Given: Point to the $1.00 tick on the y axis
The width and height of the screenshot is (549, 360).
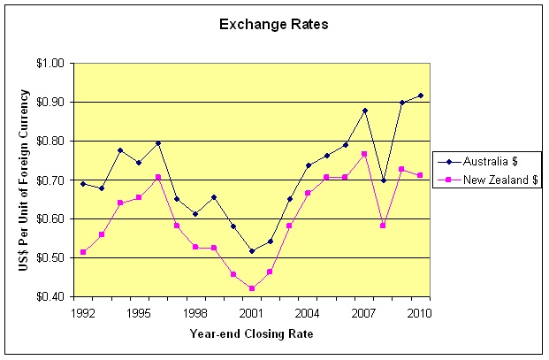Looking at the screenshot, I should (52, 64).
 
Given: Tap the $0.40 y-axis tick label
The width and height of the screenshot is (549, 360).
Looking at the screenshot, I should (52, 297).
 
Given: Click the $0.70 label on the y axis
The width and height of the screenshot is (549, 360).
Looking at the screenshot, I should (52, 180).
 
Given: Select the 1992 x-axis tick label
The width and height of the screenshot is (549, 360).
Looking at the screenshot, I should (82, 313).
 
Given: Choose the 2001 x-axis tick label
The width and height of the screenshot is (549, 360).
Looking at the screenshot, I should (252, 313).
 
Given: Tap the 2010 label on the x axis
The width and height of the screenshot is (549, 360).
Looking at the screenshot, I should (421, 313).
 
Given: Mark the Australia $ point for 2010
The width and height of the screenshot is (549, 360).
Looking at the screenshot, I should (421, 96).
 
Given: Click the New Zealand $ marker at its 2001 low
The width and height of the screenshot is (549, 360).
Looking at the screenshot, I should (252, 288).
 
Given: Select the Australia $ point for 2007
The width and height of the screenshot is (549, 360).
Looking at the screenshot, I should (364, 111).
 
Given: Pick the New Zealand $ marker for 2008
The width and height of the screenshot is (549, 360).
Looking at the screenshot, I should (383, 226).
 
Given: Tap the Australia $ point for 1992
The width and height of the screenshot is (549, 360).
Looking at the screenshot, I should (83, 184).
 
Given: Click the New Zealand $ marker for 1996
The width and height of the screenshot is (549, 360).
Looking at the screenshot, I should (158, 177).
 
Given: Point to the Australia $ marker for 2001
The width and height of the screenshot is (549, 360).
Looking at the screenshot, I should (252, 251).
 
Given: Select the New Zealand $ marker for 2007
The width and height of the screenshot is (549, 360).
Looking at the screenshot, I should (364, 154).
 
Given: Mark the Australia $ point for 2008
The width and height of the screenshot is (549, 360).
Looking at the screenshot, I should (383, 180).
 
